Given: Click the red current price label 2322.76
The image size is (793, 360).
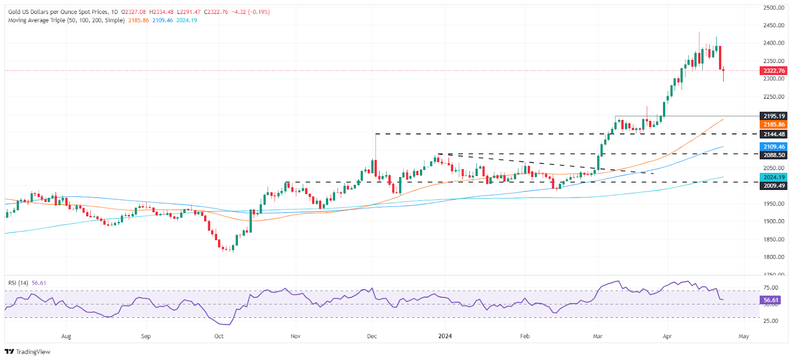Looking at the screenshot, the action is pos(774,70).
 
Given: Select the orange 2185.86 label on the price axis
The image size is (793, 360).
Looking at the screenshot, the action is pos(774,124).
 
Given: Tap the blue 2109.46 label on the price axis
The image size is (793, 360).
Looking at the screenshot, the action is pos(774,146).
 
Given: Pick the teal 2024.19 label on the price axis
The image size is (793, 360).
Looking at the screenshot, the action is pos(774,177).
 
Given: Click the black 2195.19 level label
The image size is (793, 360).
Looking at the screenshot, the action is pos(774,116).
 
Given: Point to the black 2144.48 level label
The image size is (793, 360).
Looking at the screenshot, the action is pos(774,134).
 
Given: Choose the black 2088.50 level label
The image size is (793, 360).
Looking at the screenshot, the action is pos(774,155).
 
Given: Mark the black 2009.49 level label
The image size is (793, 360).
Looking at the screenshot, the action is pos(774,185).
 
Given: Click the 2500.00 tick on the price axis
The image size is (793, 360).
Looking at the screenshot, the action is pos(774,7).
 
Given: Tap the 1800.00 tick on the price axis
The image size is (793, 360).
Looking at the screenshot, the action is pos(774,256).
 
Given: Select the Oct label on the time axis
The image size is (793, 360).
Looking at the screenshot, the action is pos(219,336).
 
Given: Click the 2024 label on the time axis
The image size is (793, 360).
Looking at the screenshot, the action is pos(445,336).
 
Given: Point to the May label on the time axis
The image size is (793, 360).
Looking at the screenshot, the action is pos(744,336).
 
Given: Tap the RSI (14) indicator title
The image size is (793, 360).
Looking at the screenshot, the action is pos(18,283).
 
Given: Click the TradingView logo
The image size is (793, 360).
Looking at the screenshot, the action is pos(27,352).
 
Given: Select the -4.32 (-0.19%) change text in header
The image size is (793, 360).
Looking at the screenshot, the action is pos(251,12).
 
